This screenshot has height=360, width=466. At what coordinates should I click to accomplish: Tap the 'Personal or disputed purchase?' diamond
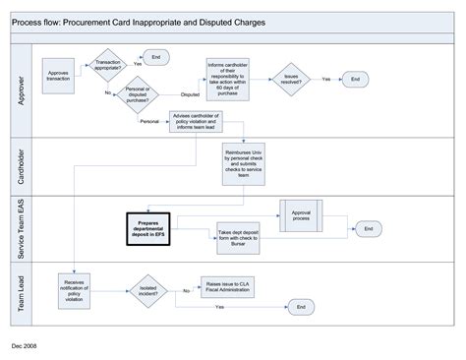[x=138, y=95]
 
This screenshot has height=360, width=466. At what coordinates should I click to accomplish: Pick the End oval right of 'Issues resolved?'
[x=355, y=79]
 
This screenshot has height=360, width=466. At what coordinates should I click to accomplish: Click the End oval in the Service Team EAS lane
[x=368, y=228]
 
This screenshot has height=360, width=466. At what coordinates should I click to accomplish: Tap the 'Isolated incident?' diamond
[x=148, y=290]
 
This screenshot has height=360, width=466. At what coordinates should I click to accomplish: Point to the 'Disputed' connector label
[x=190, y=95]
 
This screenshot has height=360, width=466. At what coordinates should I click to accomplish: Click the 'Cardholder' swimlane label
[x=24, y=164]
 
